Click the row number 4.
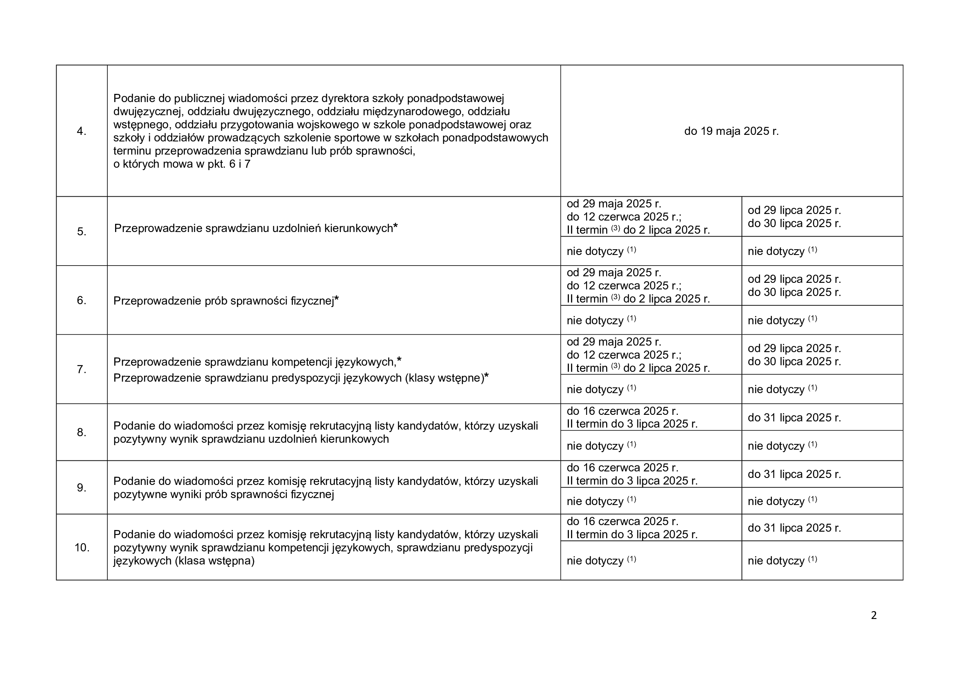point(82,131)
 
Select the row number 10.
point(82,547)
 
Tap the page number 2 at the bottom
point(874,615)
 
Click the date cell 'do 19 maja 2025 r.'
point(732,131)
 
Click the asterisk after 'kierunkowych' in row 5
point(396,227)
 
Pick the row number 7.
point(82,369)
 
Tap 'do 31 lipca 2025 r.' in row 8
point(794,417)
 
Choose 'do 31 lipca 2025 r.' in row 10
point(794,528)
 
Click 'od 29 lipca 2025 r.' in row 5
point(794,210)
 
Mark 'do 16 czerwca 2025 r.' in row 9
point(622,468)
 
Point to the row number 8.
point(82,432)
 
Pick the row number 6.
point(82,300)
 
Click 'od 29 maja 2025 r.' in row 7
point(614,342)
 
